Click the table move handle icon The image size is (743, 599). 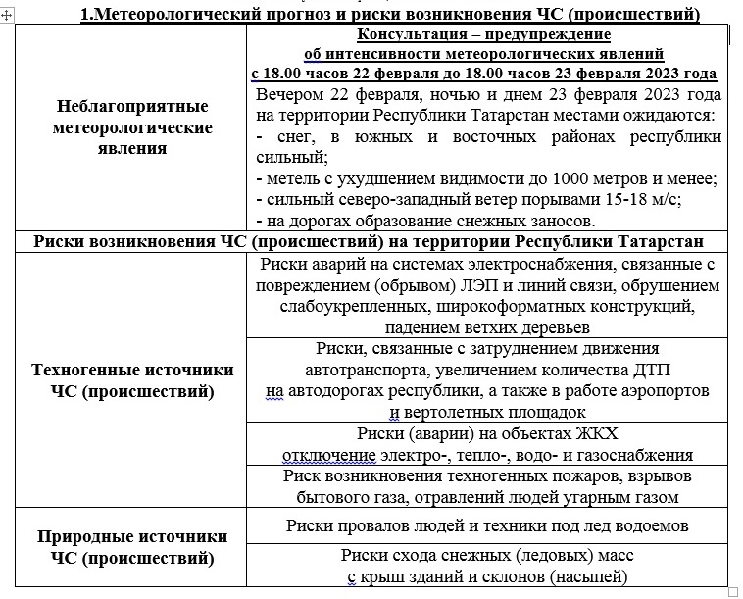tap(8, 20)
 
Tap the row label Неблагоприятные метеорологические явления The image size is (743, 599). tap(132, 126)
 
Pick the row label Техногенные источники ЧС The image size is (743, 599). tap(132, 380)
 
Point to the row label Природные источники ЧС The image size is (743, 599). tap(132, 547)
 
